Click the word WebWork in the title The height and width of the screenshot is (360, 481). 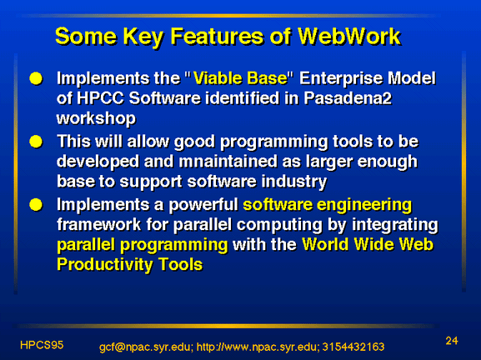[349, 37]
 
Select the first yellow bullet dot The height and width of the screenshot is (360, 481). [36, 78]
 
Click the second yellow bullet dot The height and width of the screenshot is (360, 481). [36, 142]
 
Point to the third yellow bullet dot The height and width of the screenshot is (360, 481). [36, 205]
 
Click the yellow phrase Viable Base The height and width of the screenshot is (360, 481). [240, 78]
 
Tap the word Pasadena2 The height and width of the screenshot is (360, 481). [348, 98]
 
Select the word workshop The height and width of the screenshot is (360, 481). [96, 119]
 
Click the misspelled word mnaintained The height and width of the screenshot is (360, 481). [228, 162]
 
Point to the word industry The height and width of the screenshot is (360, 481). [294, 182]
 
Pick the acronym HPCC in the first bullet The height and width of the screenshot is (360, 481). [100, 98]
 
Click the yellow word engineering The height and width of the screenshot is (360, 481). [364, 206]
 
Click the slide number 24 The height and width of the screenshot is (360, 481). [452, 341]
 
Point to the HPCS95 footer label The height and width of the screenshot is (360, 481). [42, 345]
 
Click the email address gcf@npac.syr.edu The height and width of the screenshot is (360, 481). [145, 347]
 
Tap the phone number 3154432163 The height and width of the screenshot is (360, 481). [353, 347]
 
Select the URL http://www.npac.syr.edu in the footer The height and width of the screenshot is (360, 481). [257, 347]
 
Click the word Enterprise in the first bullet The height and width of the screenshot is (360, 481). [341, 79]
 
